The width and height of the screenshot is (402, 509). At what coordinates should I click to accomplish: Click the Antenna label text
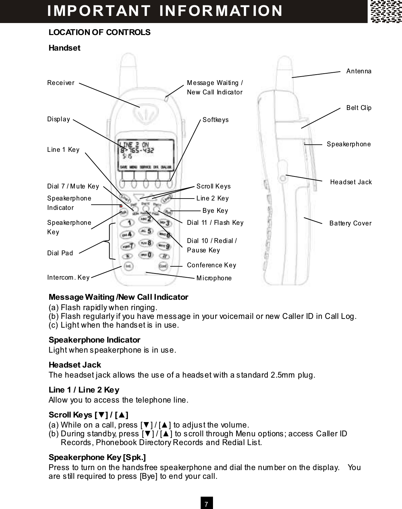click(x=359, y=71)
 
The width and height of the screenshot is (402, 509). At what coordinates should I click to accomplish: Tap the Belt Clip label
click(x=359, y=108)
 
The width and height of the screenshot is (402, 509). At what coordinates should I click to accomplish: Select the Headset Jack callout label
click(x=351, y=182)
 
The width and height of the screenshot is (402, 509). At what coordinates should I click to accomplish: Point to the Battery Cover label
click(x=350, y=223)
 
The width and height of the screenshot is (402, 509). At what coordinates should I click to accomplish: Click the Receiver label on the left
click(x=61, y=83)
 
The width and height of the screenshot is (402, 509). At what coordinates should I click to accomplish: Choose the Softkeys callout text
click(x=215, y=120)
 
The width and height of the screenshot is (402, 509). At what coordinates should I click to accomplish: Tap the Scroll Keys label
click(x=213, y=186)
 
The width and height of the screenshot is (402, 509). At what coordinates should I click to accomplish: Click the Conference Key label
click(x=211, y=265)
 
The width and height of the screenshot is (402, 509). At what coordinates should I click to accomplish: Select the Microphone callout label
click(x=214, y=278)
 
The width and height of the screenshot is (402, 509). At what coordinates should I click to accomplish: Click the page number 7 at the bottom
click(x=206, y=504)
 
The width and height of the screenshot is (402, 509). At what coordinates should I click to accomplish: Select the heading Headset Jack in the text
click(x=75, y=365)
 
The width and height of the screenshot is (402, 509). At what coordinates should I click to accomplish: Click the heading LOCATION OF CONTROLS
click(x=99, y=32)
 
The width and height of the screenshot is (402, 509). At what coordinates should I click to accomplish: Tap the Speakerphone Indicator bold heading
click(x=94, y=340)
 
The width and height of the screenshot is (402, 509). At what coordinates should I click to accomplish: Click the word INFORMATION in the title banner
click(x=221, y=10)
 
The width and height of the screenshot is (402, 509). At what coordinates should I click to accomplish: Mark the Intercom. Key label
click(x=68, y=277)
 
